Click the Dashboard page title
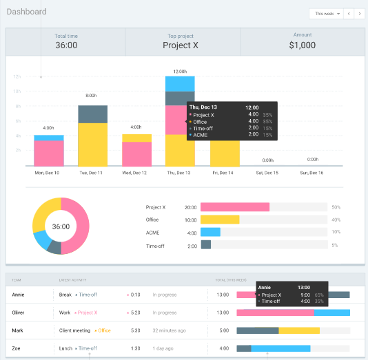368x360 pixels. pos(26,12)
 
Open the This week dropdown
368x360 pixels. pos(327,13)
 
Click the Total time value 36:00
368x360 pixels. pos(65,45)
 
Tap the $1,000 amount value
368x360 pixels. pos(302,45)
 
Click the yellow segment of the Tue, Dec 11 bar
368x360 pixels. pos(92,145)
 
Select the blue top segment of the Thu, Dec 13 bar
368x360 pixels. pos(180,83)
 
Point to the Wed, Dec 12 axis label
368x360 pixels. pos(136,173)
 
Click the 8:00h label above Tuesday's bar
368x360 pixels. pos(91,95)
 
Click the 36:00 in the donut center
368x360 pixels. pos(61,226)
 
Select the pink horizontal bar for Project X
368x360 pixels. pos(234,207)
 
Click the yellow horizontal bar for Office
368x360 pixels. pos(220,220)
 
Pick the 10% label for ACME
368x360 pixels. pos(336,232)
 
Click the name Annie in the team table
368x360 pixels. pos(19,294)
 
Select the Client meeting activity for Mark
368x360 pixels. pos(76,330)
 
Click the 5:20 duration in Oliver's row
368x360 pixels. pos(136,313)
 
